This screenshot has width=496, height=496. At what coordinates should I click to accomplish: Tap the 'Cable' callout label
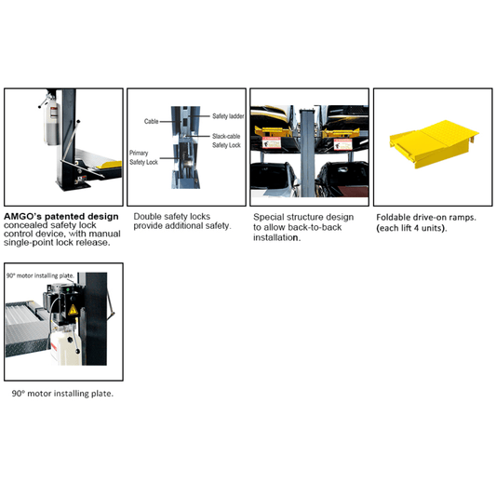tap(151, 120)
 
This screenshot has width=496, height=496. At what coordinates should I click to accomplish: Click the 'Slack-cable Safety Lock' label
tap(225, 140)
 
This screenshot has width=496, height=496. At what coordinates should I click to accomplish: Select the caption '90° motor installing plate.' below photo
tap(62, 394)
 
